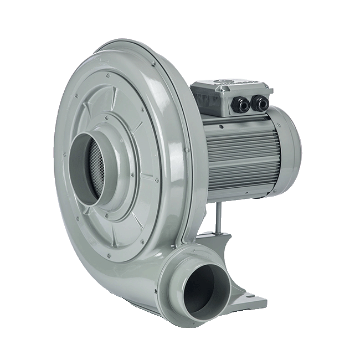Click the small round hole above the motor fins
221,126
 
